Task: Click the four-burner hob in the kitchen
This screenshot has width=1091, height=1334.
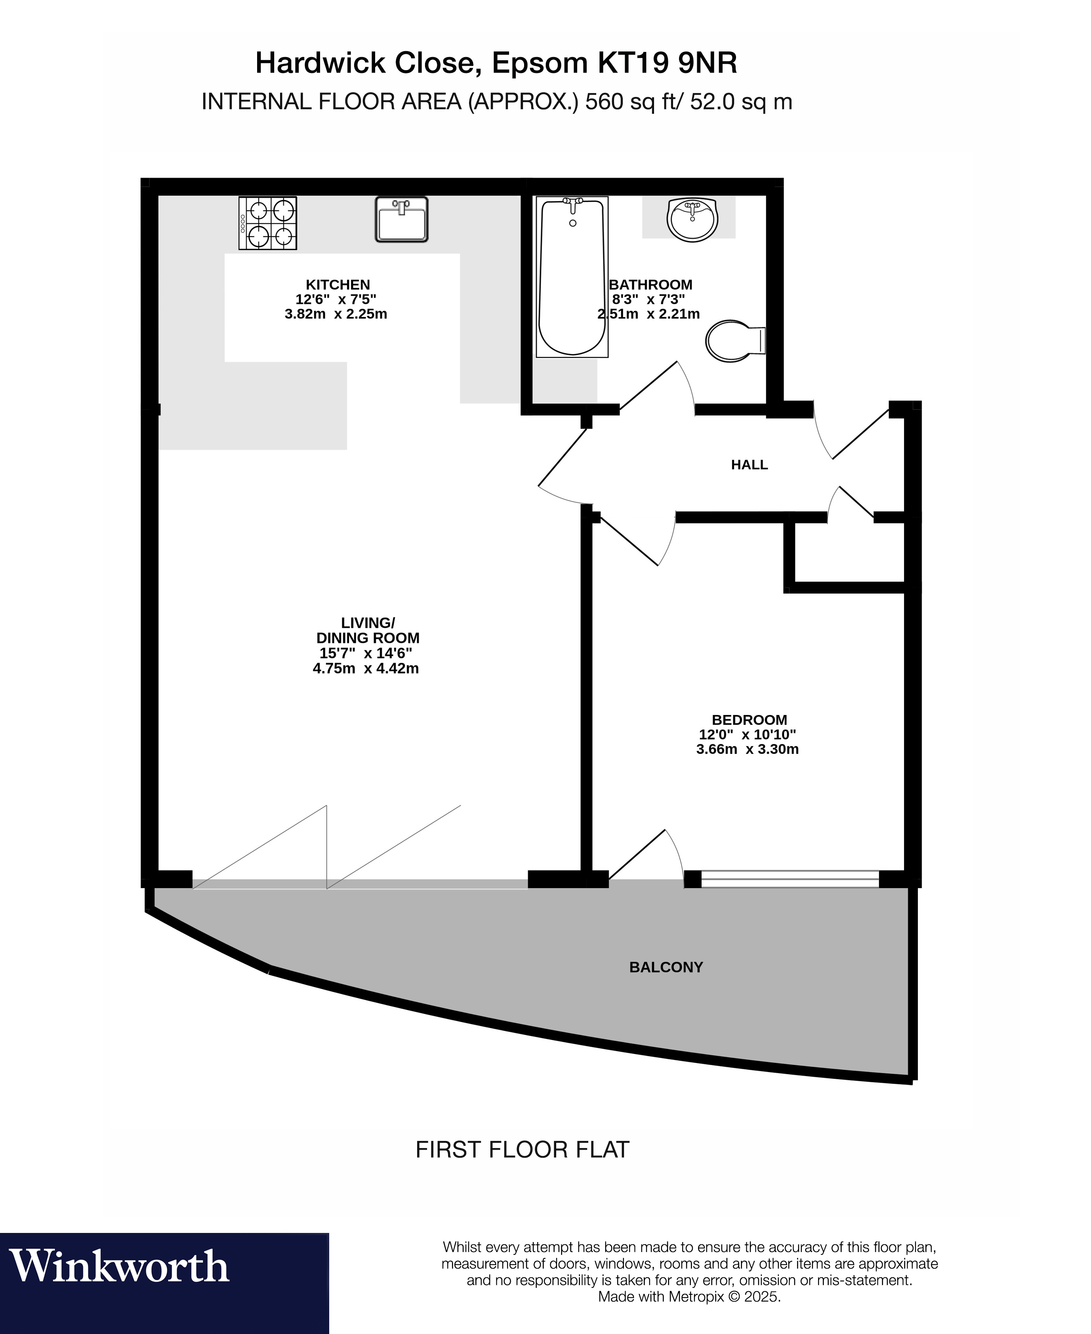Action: pyautogui.click(x=268, y=223)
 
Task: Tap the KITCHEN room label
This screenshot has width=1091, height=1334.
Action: pyautogui.click(x=338, y=285)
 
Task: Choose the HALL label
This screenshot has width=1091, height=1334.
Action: pyautogui.click(x=749, y=464)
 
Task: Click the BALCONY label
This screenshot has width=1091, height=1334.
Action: pyautogui.click(x=666, y=967)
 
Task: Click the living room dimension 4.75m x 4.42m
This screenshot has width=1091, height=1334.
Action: pyautogui.click(x=366, y=668)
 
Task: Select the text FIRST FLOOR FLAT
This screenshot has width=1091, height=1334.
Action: pyautogui.click(x=522, y=1150)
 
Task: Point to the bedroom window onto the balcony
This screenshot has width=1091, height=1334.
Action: pyautogui.click(x=790, y=879)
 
